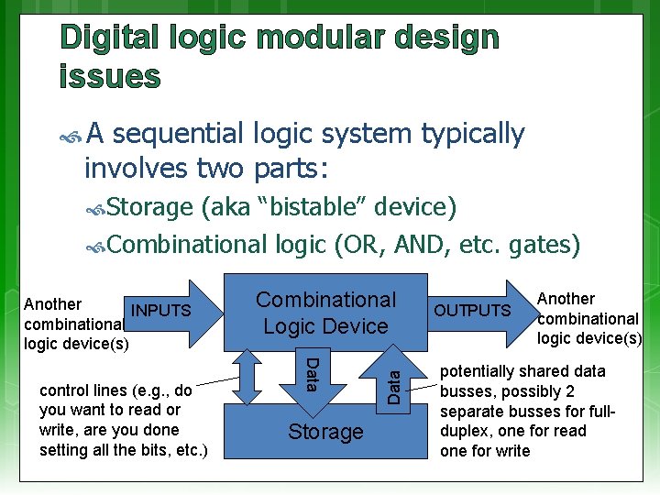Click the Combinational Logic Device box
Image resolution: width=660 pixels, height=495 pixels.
tap(325, 312)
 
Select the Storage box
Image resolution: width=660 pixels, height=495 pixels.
tap(325, 432)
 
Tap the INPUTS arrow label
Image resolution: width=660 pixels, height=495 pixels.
tap(161, 311)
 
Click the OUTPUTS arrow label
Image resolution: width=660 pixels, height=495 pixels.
tap(472, 311)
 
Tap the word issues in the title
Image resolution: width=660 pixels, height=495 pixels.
tap(109, 76)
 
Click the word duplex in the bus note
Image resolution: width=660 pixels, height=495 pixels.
tap(467, 431)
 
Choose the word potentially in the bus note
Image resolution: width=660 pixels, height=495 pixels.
tap(483, 371)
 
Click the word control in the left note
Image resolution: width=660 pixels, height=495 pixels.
tap(63, 390)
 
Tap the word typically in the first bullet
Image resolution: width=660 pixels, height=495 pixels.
tap(472, 134)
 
